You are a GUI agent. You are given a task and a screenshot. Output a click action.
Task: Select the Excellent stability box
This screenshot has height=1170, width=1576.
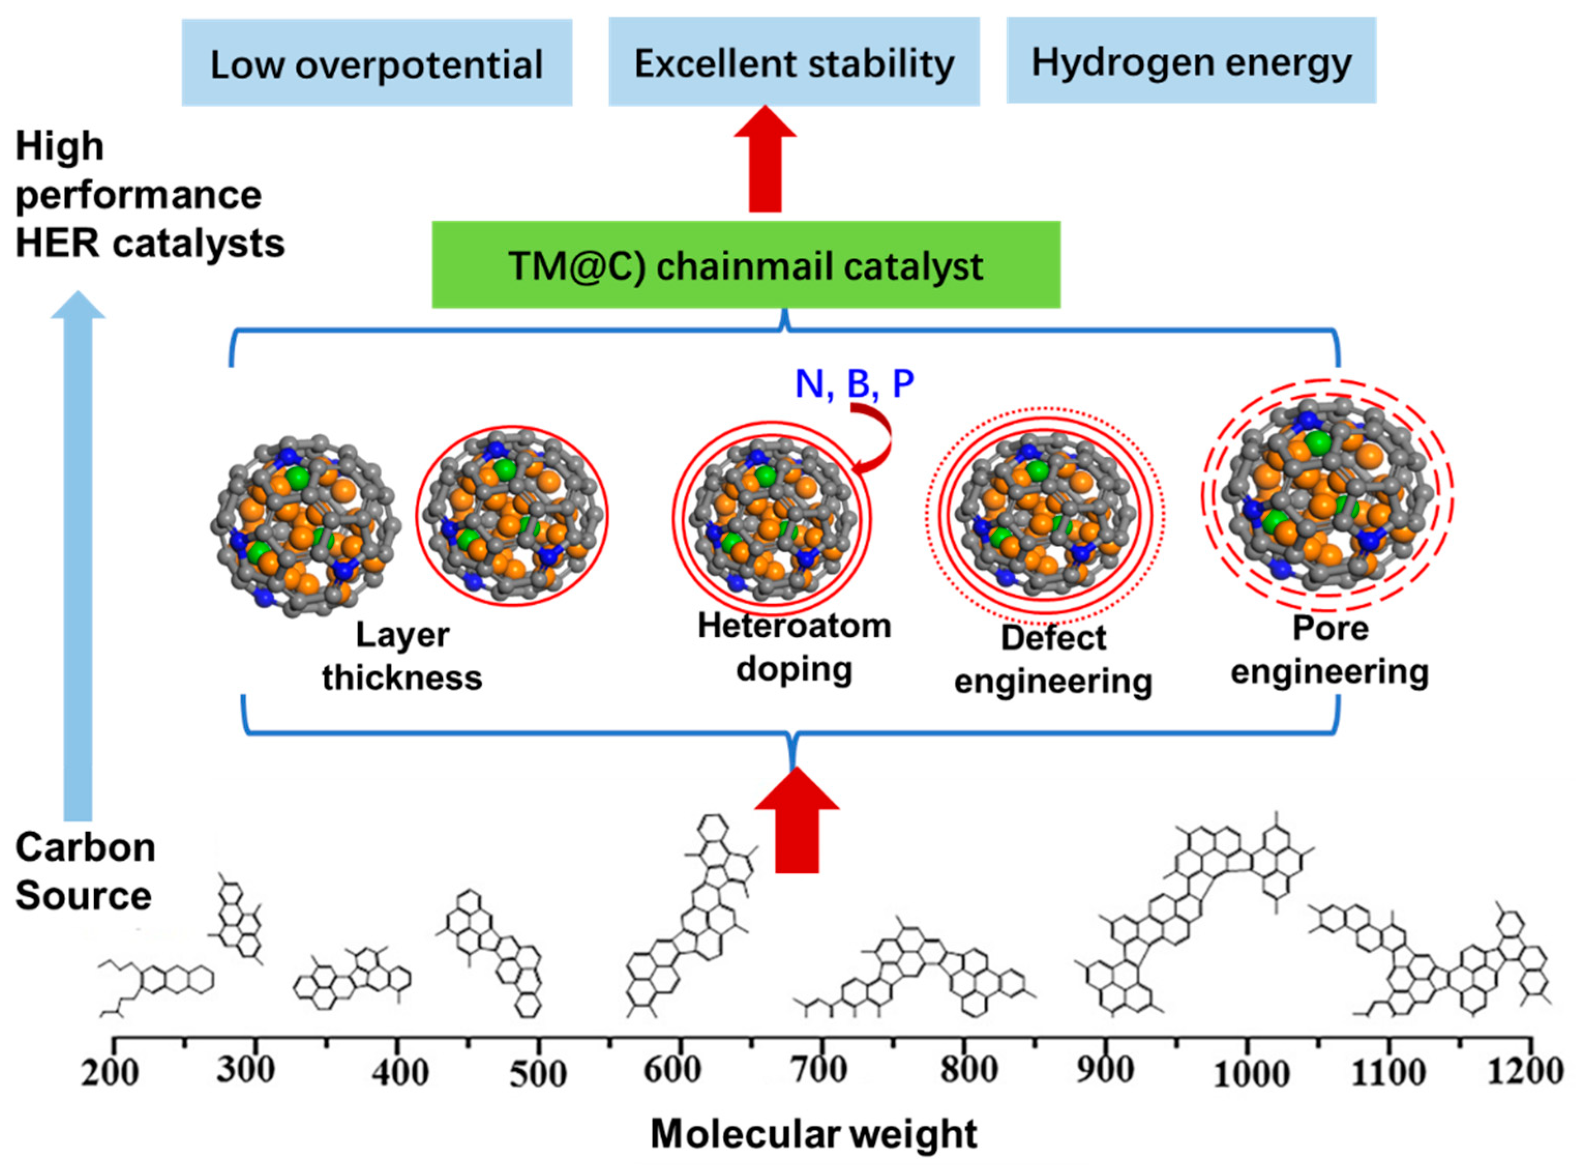pos(793,62)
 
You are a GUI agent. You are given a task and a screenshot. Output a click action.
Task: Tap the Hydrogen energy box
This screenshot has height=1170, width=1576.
pos(1191,61)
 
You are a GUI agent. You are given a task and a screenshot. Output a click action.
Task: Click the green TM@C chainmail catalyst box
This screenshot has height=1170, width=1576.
pos(745,265)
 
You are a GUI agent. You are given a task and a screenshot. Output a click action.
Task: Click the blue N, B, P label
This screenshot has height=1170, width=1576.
pos(854,383)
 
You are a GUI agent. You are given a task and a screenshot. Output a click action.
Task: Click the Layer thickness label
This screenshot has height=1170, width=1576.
pos(401,656)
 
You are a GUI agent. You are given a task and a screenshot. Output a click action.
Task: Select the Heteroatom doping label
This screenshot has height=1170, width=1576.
pos(794,647)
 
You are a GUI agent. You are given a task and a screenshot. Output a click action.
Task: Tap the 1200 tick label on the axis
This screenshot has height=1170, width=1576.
pos(1524,1071)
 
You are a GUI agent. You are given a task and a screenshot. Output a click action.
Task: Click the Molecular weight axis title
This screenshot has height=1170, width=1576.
pos(813,1133)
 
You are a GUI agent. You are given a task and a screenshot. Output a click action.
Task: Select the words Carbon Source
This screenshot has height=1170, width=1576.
pos(84,871)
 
